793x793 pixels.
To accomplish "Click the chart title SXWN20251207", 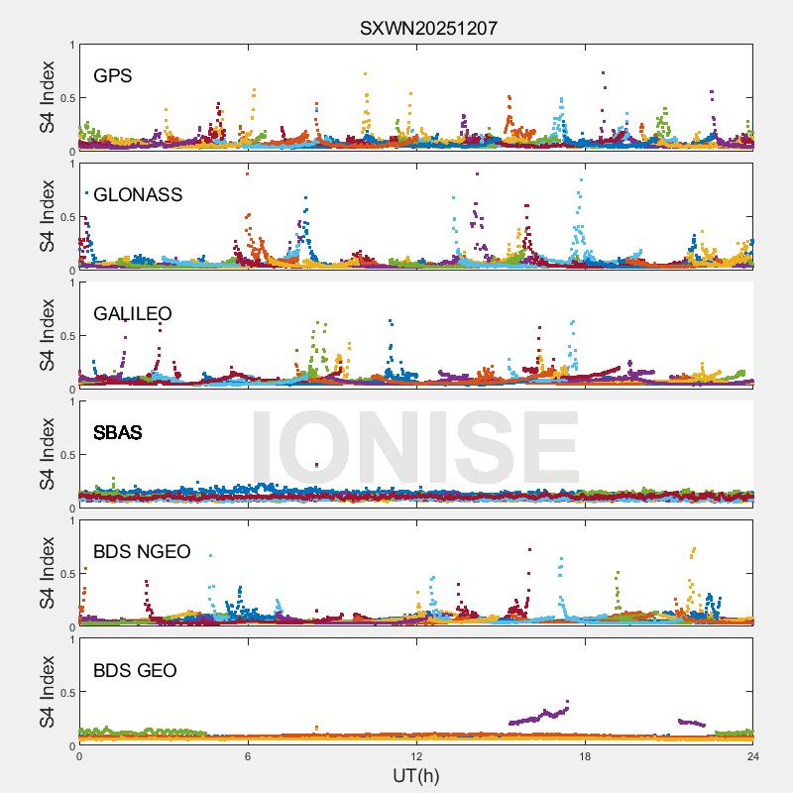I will click(428, 29).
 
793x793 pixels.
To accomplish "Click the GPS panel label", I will click(113, 75).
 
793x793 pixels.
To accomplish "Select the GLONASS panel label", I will click(138, 194).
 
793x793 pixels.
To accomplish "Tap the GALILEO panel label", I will click(133, 313).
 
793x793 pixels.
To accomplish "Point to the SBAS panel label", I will click(117, 433).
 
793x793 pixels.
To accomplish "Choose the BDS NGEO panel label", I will click(142, 552).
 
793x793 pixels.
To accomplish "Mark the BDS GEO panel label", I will click(135, 671).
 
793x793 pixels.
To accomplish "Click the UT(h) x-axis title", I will click(416, 775).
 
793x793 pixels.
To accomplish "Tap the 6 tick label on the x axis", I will click(248, 755).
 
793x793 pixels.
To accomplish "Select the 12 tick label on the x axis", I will click(416, 755).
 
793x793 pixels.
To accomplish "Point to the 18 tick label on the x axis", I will click(585, 755).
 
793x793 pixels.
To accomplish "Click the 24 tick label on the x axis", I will click(753, 755).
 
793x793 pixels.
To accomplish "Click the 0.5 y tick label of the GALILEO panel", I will click(62, 335).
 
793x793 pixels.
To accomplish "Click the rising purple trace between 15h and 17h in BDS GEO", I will click(540, 715).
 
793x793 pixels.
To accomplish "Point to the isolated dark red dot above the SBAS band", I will click(316, 465).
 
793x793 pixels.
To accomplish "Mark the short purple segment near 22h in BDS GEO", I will click(691, 723).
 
